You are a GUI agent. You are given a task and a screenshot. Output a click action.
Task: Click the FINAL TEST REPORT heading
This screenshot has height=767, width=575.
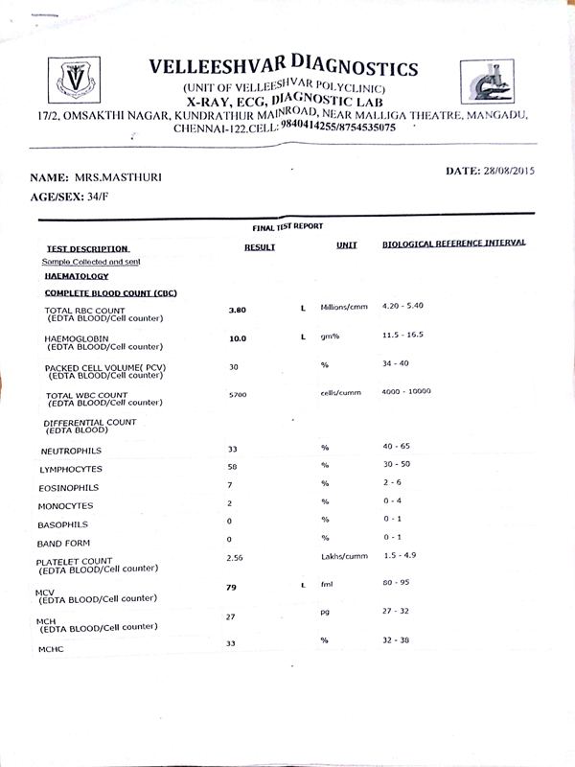[287, 226]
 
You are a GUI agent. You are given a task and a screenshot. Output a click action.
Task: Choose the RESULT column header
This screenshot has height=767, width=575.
[260, 247]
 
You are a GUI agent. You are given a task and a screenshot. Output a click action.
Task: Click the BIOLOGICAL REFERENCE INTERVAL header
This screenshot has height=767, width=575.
[453, 244]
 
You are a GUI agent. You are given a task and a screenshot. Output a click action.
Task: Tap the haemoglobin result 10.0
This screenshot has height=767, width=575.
[237, 338]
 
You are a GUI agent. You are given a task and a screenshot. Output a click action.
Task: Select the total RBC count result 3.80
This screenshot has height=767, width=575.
[238, 310]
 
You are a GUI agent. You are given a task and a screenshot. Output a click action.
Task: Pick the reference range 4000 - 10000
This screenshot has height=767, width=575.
[407, 391]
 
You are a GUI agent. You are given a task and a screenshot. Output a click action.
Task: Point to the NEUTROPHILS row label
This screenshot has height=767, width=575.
[71, 451]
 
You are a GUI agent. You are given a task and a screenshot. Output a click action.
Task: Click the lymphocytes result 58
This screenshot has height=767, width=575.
[232, 466]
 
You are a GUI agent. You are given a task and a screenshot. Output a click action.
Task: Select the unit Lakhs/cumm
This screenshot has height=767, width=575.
[344, 556]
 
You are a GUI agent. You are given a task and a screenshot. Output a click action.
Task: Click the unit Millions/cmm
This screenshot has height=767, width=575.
[344, 307]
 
